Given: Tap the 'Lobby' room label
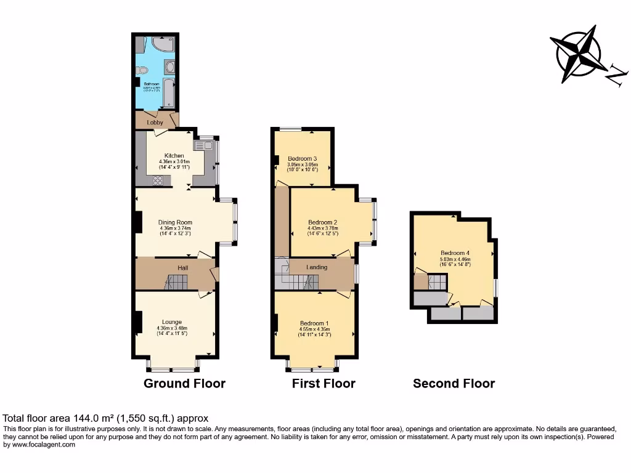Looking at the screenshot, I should click(155, 123).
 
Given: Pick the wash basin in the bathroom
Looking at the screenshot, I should click(171, 66).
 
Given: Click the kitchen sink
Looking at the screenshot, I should click(202, 146).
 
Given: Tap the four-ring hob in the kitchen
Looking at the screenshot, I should click(158, 180).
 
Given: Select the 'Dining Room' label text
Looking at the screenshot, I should click(175, 223).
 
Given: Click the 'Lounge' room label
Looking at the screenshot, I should click(172, 321).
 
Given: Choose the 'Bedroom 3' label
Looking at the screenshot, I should click(303, 159).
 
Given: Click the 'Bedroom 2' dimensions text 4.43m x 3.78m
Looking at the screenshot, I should click(323, 228).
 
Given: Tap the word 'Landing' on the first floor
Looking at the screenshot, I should click(317, 267).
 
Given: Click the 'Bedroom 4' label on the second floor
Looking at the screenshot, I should click(455, 253).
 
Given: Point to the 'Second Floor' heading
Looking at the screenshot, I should click(454, 384).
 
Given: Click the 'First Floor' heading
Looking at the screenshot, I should click(324, 384).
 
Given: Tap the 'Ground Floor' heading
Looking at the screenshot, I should click(184, 384).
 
